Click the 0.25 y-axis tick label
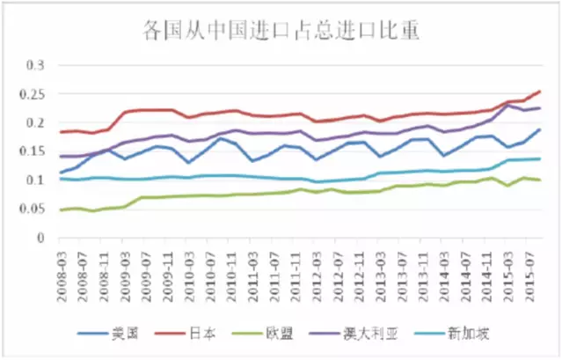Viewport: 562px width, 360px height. (33, 94)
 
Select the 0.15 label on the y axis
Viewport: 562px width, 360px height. (33, 151)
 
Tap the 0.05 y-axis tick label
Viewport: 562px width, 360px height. (33, 209)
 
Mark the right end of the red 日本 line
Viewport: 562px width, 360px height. (540, 92)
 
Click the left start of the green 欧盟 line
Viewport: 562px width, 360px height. (60, 210)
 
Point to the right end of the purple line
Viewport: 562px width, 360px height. (540, 108)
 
